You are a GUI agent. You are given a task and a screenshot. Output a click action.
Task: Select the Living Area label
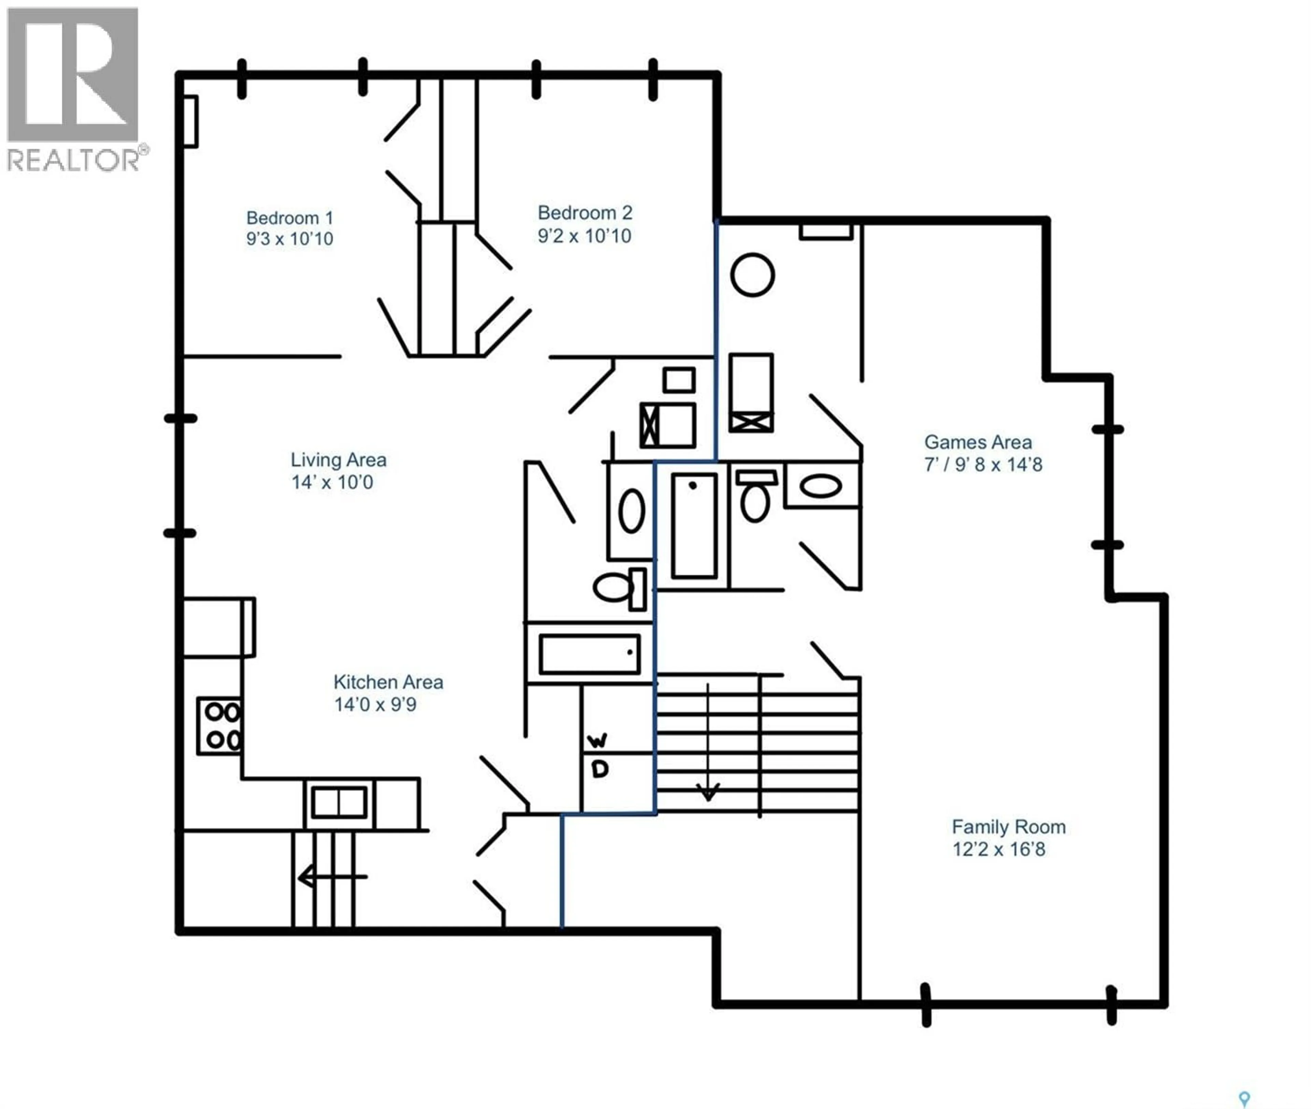338,460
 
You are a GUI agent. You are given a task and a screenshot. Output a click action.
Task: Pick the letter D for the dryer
600,769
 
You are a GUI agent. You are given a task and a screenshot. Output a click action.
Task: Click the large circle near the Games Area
752,275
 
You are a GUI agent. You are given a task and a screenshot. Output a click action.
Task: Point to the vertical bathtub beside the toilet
694,526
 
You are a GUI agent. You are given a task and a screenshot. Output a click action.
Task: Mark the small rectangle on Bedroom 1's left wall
191,121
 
